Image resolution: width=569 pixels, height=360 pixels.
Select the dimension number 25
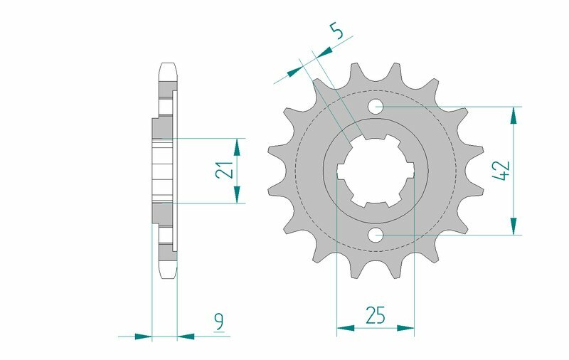coord(375,314)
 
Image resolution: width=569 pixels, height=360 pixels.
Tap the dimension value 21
coord(223,170)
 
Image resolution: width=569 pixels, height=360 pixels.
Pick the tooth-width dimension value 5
coord(338,33)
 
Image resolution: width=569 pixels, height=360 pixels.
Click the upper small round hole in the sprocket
coord(376,107)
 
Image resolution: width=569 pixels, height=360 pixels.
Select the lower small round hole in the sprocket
coord(376,234)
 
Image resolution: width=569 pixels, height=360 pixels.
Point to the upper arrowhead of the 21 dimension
coord(237,146)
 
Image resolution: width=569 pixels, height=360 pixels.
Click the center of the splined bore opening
coord(376,171)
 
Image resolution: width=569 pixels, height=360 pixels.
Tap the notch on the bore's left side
coord(340,171)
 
